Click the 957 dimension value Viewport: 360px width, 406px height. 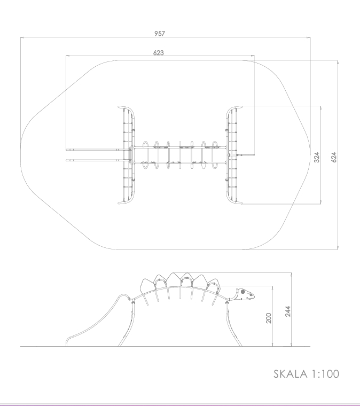160,34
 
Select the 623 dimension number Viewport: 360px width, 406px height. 159,52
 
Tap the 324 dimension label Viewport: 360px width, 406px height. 317,158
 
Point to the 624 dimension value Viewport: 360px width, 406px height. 334,158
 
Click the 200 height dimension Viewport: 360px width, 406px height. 269,318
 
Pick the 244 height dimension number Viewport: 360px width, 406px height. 287,311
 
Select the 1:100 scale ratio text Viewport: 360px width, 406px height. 325,374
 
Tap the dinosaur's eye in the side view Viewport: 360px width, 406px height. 243,292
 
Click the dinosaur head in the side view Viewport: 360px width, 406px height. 245,294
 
